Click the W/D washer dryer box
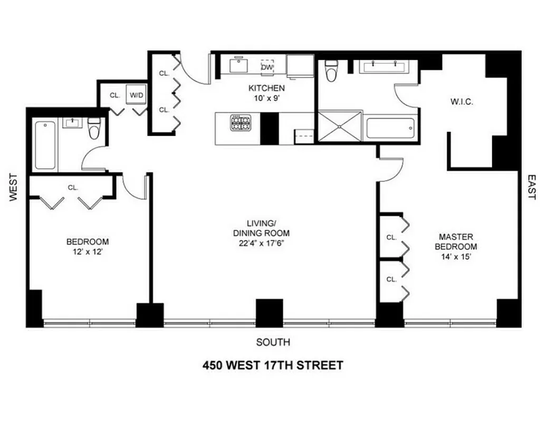[137, 95]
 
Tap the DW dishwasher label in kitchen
[267, 67]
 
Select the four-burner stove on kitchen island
[240, 123]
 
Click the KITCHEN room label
[267, 88]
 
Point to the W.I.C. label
[462, 101]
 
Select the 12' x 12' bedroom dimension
[88, 252]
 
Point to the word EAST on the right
[532, 187]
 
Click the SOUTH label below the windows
[273, 342]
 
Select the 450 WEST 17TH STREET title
[273, 365]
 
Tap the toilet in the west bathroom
[94, 128]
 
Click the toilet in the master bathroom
[331, 71]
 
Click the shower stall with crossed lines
[340, 126]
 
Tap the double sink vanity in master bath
[384, 66]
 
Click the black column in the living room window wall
[270, 313]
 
